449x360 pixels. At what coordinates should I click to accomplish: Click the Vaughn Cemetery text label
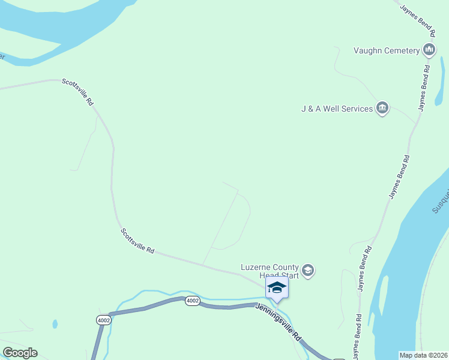click(x=387, y=50)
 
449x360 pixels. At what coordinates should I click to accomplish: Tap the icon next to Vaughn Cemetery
click(x=429, y=50)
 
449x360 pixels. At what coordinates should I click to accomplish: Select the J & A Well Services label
click(x=337, y=109)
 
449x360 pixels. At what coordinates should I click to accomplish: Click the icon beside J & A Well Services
click(x=382, y=108)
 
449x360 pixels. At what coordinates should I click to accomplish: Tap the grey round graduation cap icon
click(x=308, y=271)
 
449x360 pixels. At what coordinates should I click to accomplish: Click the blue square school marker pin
click(x=277, y=287)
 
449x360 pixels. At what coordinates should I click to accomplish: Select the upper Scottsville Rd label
click(x=78, y=92)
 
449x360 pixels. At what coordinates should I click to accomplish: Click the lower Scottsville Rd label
click(x=137, y=241)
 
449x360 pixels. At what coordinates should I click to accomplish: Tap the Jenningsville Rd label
click(x=279, y=322)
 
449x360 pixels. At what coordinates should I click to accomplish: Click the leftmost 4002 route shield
click(x=103, y=320)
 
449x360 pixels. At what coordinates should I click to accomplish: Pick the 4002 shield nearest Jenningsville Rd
click(x=192, y=301)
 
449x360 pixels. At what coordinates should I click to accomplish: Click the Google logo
click(x=20, y=353)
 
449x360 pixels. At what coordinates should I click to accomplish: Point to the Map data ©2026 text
click(x=424, y=355)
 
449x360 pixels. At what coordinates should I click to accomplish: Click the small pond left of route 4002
click(x=55, y=324)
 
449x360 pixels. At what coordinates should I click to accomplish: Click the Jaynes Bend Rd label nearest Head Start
click(x=365, y=268)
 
